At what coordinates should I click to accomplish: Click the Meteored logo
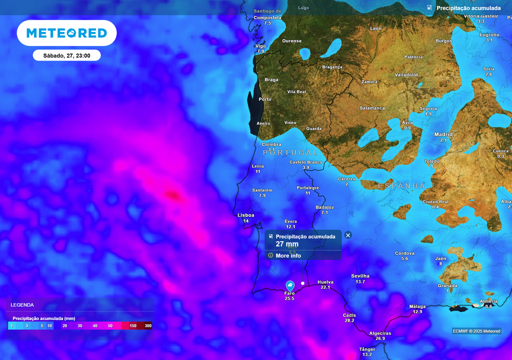66,33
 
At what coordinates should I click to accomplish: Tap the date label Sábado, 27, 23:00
66,55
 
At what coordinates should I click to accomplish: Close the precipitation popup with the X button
348,235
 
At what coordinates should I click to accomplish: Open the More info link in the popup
288,255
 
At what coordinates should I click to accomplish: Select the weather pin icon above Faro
290,285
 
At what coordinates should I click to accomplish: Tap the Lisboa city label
246,215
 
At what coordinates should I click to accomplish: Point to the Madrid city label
443,134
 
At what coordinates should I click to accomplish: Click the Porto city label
265,99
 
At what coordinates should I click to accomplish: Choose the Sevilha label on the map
360,276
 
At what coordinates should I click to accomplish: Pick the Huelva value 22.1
325,287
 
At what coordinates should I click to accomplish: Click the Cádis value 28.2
349,320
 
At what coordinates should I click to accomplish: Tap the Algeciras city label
380,333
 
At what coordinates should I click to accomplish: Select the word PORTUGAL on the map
290,152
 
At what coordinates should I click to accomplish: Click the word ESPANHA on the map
401,186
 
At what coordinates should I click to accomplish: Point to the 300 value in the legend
148,326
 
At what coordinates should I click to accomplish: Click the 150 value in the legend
133,326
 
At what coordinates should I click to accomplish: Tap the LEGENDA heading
22,305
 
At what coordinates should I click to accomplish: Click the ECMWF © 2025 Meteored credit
476,331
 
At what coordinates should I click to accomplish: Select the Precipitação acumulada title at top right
468,8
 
